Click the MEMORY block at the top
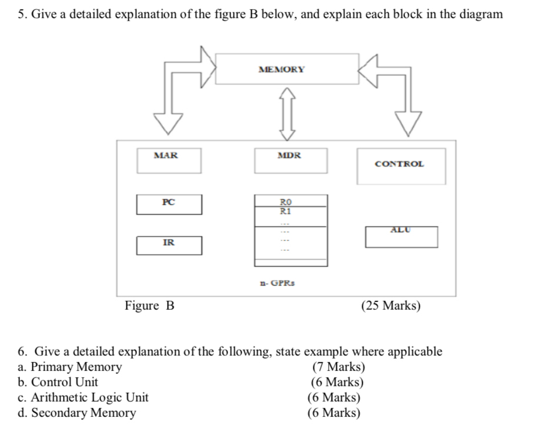pos(287,69)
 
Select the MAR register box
pos(169,161)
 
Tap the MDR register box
pos(290,161)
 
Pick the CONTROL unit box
pos(401,165)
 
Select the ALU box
pos(401,236)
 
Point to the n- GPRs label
pos(277,283)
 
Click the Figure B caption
pos(149,305)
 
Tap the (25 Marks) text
pos(390,306)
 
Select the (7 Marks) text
pos(339,367)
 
